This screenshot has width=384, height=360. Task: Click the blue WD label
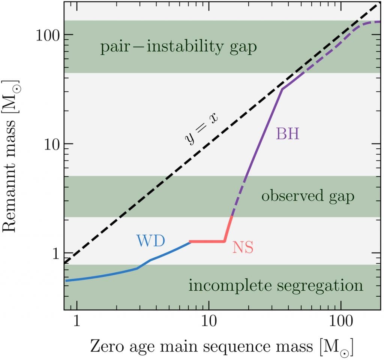[150, 241]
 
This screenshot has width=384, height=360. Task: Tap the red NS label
[243, 248]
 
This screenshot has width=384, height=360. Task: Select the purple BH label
[288, 134]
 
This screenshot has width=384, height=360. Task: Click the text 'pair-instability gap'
[178, 47]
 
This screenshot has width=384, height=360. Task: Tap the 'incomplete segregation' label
[276, 285]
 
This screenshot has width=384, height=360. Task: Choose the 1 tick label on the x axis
[76, 321]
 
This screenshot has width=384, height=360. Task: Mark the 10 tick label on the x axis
[208, 321]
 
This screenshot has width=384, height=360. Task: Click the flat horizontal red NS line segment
[207, 242]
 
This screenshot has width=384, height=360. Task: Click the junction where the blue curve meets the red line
[190, 242]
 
